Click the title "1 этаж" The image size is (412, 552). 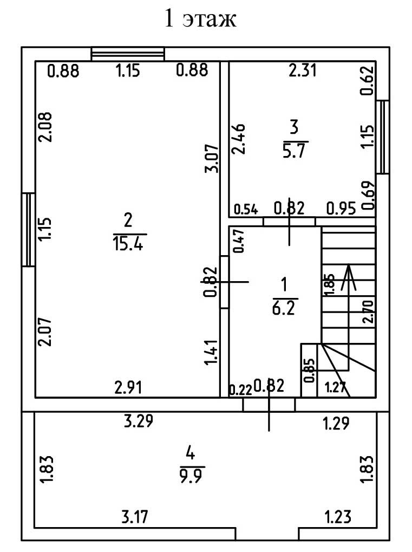click(x=200, y=20)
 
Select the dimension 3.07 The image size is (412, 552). click(x=212, y=158)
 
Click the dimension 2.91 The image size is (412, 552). click(x=129, y=387)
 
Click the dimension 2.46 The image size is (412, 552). click(x=239, y=139)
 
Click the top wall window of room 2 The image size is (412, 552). click(x=128, y=54)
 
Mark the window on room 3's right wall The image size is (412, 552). click(x=383, y=137)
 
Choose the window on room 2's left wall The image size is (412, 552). click(x=28, y=230)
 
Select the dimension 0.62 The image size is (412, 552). click(x=367, y=81)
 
